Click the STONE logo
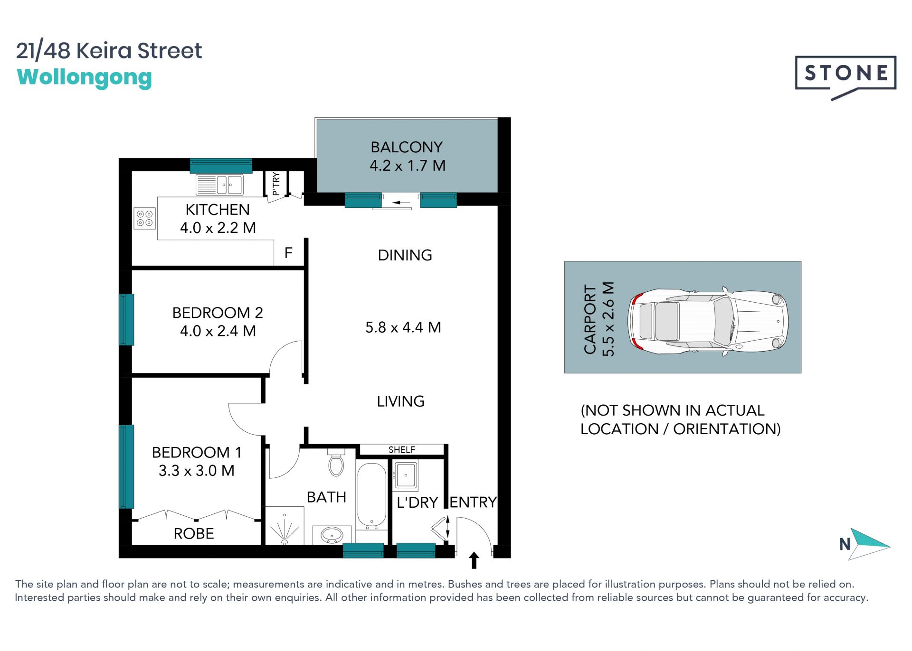tap(845, 76)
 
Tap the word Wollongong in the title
tap(85, 78)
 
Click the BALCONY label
tap(407, 147)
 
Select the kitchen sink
tap(219, 185)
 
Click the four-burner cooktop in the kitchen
tap(144, 218)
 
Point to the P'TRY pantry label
tap(276, 184)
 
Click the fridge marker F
tap(288, 253)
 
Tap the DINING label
tap(405, 255)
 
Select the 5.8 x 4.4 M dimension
tap(403, 327)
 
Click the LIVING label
tap(400, 401)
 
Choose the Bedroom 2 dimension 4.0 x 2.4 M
tap(218, 331)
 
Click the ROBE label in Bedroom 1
tap(194, 534)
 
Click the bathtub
tap(371, 496)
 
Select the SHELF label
tap(402, 449)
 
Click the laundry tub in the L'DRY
tap(406, 476)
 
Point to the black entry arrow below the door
tap(474, 560)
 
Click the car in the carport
tap(708, 321)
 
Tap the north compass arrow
tap(869, 544)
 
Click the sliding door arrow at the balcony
tap(401, 203)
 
